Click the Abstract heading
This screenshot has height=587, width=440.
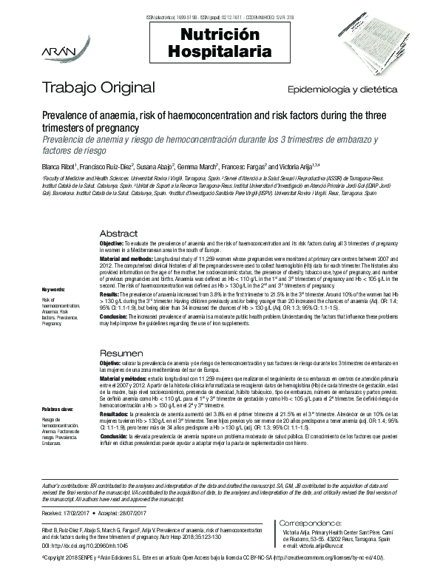click(x=118, y=232)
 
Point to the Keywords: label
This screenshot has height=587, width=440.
click(x=54, y=289)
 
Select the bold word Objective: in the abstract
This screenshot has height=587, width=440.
click(x=113, y=243)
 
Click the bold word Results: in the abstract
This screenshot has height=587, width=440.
click(x=112, y=294)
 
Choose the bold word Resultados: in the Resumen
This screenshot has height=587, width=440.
click(x=115, y=415)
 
